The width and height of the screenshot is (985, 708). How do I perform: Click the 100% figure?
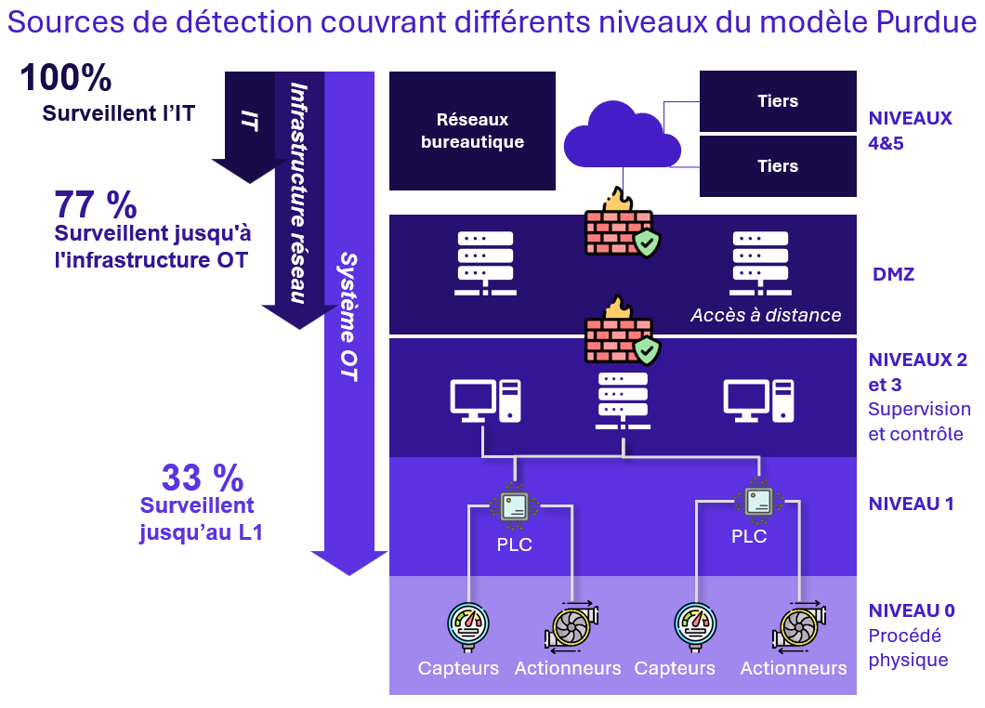66,78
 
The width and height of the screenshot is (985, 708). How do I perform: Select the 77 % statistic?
95,203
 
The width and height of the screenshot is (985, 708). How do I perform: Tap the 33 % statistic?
202,478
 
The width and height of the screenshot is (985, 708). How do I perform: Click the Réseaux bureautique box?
472,131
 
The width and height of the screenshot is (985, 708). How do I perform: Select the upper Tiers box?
778,101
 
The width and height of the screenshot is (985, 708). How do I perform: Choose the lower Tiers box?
778,166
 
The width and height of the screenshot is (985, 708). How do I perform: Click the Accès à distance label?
766,315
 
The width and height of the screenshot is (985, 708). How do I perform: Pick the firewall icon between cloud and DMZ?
617,224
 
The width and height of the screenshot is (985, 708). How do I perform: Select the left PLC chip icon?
514,507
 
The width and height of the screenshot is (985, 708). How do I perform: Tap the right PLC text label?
749,536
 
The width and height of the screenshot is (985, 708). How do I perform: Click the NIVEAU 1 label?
911,505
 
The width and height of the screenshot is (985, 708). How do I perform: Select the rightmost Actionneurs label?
794,668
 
